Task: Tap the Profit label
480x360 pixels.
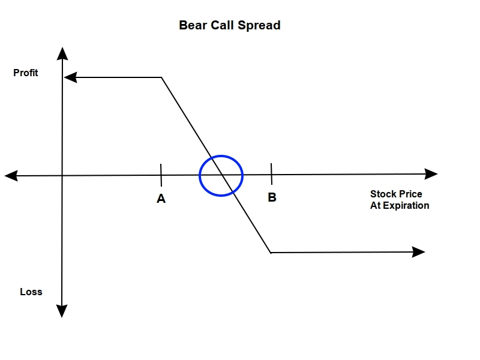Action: coord(26,73)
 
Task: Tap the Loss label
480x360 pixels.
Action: coord(31,292)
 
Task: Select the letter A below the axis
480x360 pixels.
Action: coord(161,199)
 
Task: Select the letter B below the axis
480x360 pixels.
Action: coord(272,197)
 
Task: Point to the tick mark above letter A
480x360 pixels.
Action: coord(161,175)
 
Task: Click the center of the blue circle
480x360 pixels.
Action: coord(221,175)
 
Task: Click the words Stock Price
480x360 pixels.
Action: coord(396,194)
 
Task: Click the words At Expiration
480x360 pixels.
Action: coord(400,205)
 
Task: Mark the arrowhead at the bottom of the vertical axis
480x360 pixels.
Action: coord(62,311)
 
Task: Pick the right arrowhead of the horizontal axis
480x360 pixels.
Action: coord(431,174)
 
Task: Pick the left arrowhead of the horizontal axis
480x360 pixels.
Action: coord(11,175)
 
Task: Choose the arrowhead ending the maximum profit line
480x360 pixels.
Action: coord(70,77)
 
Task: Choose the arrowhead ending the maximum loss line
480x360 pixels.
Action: coord(419,252)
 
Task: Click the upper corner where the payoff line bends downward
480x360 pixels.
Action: coord(162,77)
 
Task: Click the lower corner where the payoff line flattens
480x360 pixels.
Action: coord(271,253)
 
